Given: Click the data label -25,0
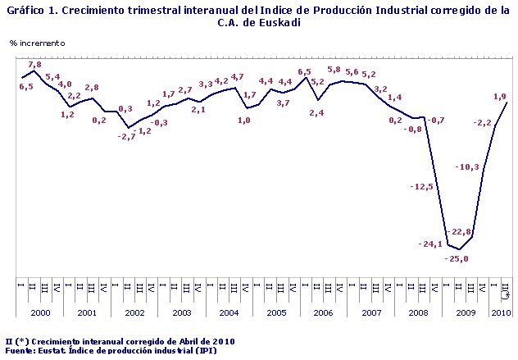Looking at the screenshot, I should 457,259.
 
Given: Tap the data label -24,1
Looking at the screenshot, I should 430,244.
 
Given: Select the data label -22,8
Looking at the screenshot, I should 461,230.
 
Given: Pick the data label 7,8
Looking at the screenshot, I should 34,64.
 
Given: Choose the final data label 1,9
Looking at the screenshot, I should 498,97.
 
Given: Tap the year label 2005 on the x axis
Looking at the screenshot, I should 276,312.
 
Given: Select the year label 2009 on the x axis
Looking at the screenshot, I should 466,312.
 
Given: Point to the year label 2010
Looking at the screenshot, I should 501,312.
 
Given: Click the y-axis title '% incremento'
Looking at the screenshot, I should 38,42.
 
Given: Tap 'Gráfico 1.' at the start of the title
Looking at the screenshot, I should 32,10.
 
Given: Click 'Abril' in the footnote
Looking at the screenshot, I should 175,340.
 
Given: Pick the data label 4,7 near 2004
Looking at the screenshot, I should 238,77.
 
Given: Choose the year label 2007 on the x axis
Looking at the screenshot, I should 371,312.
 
